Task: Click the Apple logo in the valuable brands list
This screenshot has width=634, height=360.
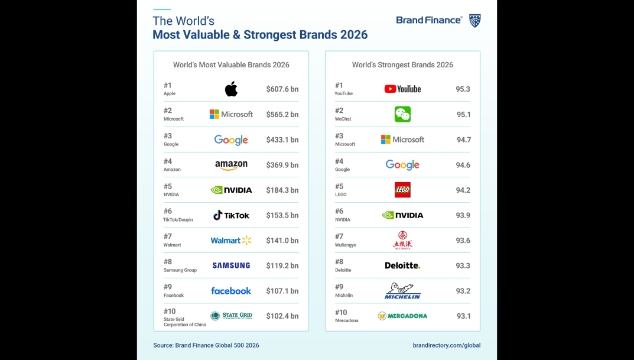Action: [231, 89]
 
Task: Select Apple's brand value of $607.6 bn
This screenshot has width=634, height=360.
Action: [282, 89]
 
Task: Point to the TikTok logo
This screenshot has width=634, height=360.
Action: [231, 215]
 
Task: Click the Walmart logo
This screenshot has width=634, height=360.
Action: [231, 241]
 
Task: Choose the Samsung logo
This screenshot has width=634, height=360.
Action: [231, 265]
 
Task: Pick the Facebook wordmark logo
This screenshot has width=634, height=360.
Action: [231, 291]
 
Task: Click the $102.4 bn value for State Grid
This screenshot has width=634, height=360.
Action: [282, 316]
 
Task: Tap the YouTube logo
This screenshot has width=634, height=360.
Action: [402, 89]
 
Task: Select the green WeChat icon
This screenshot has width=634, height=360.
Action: [402, 114]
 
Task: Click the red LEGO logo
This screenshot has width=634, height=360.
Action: [402, 190]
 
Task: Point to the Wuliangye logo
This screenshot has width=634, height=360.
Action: [402, 240]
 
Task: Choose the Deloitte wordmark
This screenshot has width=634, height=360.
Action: [402, 265]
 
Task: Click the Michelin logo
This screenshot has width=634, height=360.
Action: [402, 290]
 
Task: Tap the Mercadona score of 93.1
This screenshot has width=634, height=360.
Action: [463, 316]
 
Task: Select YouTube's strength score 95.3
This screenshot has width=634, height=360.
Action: [463, 89]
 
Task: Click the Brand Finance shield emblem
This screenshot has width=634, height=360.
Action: [474, 21]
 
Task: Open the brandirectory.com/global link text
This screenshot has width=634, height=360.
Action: [447, 345]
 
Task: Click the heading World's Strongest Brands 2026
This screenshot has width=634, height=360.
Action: [402, 65]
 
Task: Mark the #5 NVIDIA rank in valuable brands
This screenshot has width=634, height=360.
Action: [168, 186]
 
